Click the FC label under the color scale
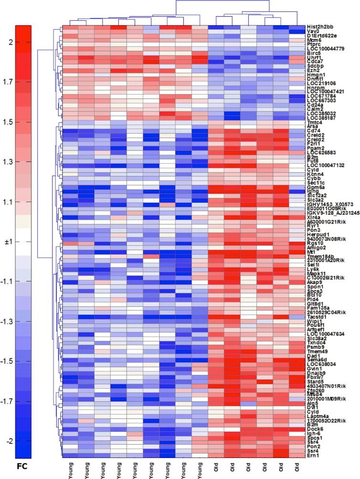23,464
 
